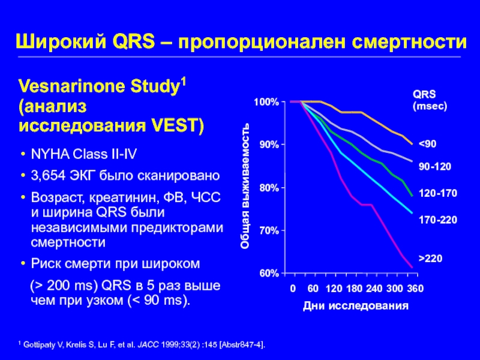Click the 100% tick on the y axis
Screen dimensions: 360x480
pyautogui.click(x=266, y=103)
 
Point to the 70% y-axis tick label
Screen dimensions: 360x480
pyautogui.click(x=268, y=231)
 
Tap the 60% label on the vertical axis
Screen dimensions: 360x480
pyautogui.click(x=268, y=274)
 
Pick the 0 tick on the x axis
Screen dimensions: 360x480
pyautogui.click(x=293, y=289)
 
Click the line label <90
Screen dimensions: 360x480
pyautogui.click(x=427, y=145)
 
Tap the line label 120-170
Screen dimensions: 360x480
pyautogui.click(x=437, y=194)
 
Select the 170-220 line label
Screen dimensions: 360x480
pyautogui.click(x=437, y=220)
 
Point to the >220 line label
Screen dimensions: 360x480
pyautogui.click(x=430, y=258)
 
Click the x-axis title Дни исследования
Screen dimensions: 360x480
pyautogui.click(x=356, y=306)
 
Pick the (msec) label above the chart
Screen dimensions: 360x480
pyautogui.click(x=430, y=105)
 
